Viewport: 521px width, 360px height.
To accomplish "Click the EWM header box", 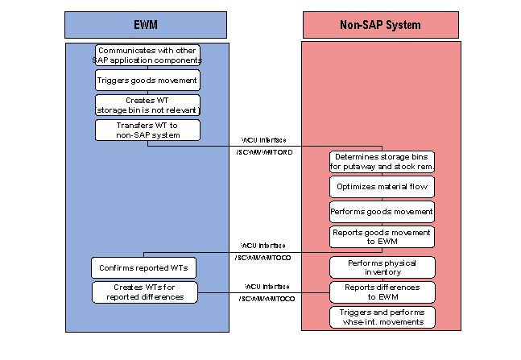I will [x=147, y=25].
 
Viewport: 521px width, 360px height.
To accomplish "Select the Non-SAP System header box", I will [x=382, y=25].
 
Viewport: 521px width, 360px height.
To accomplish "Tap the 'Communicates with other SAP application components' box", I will [x=147, y=56].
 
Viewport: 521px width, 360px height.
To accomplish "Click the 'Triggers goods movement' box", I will [x=147, y=81].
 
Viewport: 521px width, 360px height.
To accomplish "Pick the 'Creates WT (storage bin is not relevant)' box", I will [x=147, y=105].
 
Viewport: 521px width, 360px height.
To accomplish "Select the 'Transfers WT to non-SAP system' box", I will [x=147, y=130].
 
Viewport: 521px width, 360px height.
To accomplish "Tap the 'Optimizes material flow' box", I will [x=382, y=187].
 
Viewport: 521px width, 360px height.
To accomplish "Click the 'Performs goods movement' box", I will [x=382, y=212].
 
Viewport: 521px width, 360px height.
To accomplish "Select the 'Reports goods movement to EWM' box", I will [x=382, y=236].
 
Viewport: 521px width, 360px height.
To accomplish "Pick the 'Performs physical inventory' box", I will [x=382, y=267].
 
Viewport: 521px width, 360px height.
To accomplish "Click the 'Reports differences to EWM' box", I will [x=382, y=292].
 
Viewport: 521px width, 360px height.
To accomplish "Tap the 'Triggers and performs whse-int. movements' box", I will [x=382, y=317].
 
